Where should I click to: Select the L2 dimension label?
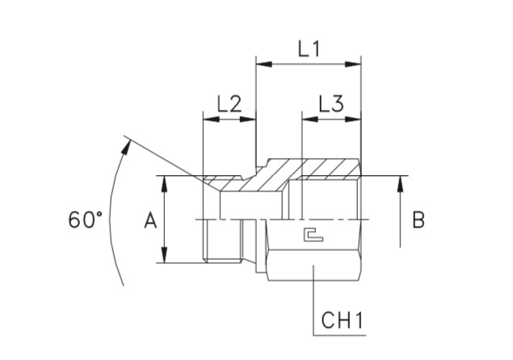[229, 103]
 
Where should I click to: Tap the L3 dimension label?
[331, 103]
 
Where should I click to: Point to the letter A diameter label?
[149, 219]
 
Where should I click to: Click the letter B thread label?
[418, 219]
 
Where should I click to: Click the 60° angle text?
[86, 219]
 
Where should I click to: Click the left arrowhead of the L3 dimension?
[307, 119]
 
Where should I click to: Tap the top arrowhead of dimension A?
[166, 182]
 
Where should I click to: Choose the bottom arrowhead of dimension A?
[166, 257]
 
